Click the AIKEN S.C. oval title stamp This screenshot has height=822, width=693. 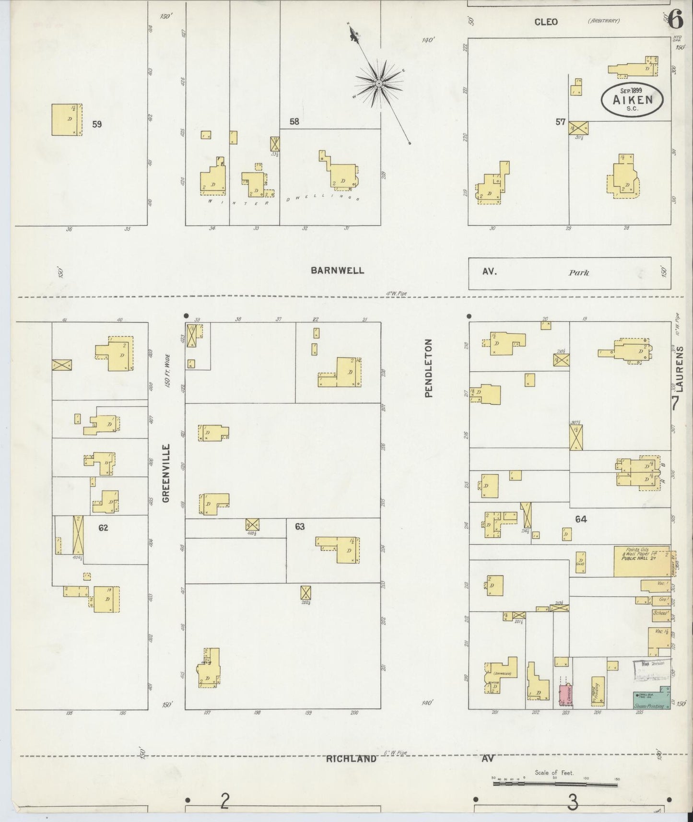pos(633,99)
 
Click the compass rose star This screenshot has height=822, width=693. pos(378,83)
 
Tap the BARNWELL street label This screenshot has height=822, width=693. pos(337,270)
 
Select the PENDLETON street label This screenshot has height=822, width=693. pos(428,368)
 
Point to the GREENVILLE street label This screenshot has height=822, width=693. pos(166,473)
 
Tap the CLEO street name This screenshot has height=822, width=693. pos(546,22)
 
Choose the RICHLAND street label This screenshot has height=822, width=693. pos(351,759)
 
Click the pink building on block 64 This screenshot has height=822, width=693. pos(563,695)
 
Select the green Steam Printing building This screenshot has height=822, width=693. pos(651,701)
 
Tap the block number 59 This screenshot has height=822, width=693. pos(97,124)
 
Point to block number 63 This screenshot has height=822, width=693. pos(300,527)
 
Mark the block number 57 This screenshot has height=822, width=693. pos(560,122)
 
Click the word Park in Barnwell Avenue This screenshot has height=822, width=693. pos(578,273)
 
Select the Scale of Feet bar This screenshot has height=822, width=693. pos(555,785)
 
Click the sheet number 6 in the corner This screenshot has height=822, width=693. pos(676,20)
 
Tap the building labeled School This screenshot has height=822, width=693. pos(660,613)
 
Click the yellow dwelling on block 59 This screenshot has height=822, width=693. pos(67,119)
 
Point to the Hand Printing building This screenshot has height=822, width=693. pos(598,692)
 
